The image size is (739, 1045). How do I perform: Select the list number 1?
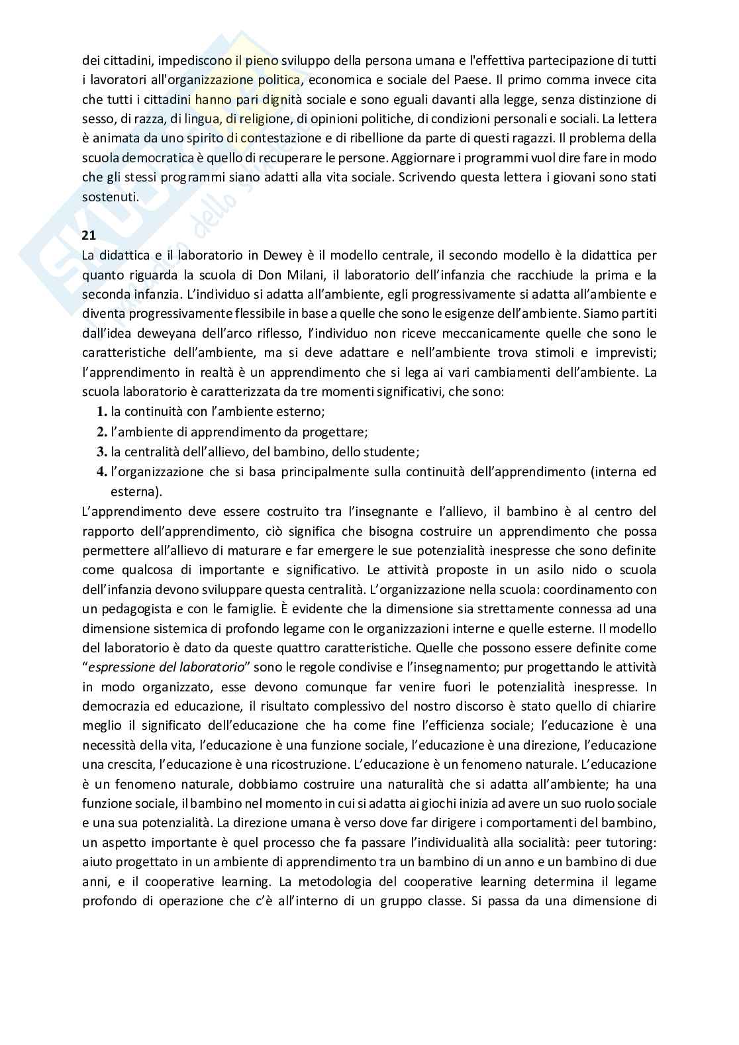click(102, 412)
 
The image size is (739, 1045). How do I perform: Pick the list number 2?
click(102, 432)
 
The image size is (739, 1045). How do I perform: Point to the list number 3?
click(102, 452)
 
